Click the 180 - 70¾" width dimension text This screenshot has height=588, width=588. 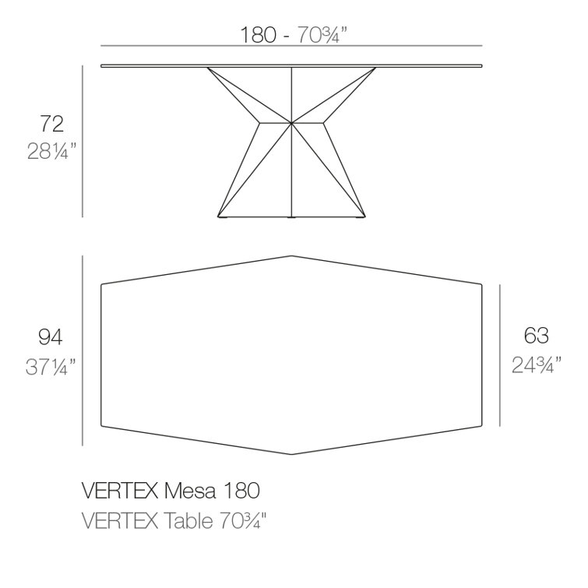tap(292, 35)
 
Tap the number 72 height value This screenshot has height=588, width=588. tap(52, 123)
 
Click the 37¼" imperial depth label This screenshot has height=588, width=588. tap(51, 366)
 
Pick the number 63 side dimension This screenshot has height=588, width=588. tap(536, 336)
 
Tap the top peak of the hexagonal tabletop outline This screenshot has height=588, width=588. tap(292, 255)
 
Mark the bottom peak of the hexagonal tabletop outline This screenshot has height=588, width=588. tap(292, 454)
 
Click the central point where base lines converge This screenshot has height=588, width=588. tap(291, 123)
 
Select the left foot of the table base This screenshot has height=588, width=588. tap(223, 217)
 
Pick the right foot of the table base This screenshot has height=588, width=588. tap(360, 217)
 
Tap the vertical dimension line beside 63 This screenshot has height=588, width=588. tap(500, 355)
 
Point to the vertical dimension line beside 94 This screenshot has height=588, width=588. tap(83, 350)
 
